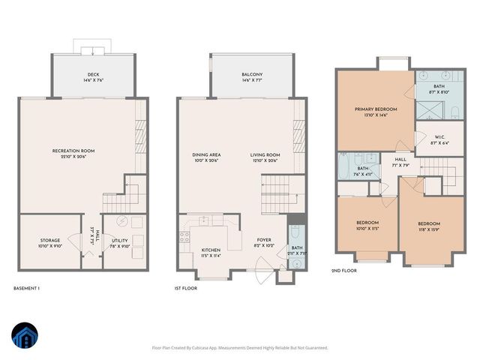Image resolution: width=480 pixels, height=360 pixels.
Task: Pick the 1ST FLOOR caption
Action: click(185, 287)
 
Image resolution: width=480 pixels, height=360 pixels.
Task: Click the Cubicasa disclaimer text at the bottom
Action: click(240, 347)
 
